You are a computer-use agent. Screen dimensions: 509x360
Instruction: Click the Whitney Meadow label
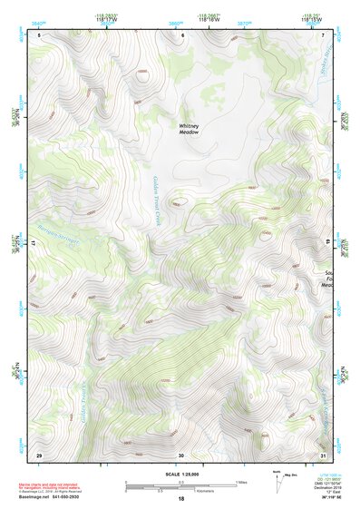(x=188, y=129)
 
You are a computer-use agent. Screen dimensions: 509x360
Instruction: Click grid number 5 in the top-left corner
(x=40, y=34)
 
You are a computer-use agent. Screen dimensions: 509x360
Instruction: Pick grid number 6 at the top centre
(x=182, y=34)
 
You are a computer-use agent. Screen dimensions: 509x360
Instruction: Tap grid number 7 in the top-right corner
(x=324, y=34)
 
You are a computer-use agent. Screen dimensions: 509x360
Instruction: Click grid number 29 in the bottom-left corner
(x=39, y=454)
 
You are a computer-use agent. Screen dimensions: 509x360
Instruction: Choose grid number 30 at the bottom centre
(x=181, y=455)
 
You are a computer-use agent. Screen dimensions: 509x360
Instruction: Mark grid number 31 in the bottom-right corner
(x=323, y=454)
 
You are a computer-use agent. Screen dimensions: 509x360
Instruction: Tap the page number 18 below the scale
(x=180, y=500)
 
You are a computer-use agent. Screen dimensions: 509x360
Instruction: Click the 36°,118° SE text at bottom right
(x=324, y=499)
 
